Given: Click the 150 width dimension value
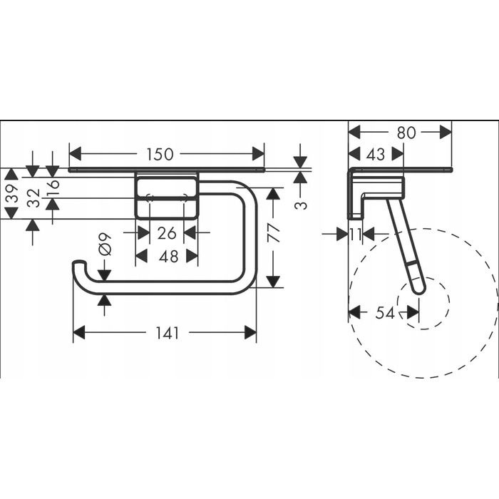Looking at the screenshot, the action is [160, 154].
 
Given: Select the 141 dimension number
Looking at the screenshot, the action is [168, 333].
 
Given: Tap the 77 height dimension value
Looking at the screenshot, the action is [273, 232].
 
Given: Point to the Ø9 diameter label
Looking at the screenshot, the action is [105, 244].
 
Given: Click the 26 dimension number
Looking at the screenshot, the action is [167, 233].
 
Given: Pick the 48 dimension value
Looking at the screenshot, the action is [169, 257].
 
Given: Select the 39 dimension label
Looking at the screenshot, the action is [12, 193].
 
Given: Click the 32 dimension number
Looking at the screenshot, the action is [34, 198].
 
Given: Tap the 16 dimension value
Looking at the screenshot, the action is [53, 188].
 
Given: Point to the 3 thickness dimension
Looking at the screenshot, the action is [301, 205].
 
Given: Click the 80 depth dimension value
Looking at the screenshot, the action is [406, 133].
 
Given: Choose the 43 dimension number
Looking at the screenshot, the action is [376, 155].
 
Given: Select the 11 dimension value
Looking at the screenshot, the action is [356, 235].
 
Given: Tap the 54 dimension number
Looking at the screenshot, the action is [385, 313].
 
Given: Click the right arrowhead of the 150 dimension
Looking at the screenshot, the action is [258, 154].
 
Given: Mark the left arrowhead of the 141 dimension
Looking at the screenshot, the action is [79, 333].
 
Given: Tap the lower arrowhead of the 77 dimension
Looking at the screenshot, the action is [273, 282].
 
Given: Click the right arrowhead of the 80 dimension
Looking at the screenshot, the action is [446, 132].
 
